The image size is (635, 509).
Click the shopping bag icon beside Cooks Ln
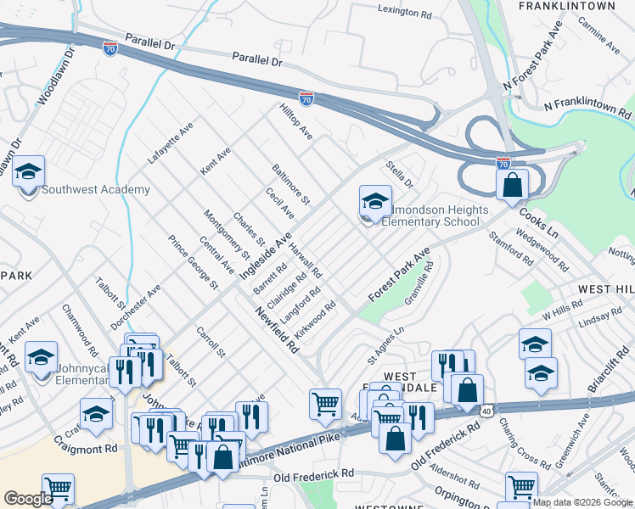coord(512,186)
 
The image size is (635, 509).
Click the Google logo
coord(28,498)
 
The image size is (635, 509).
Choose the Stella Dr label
coord(398,176)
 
